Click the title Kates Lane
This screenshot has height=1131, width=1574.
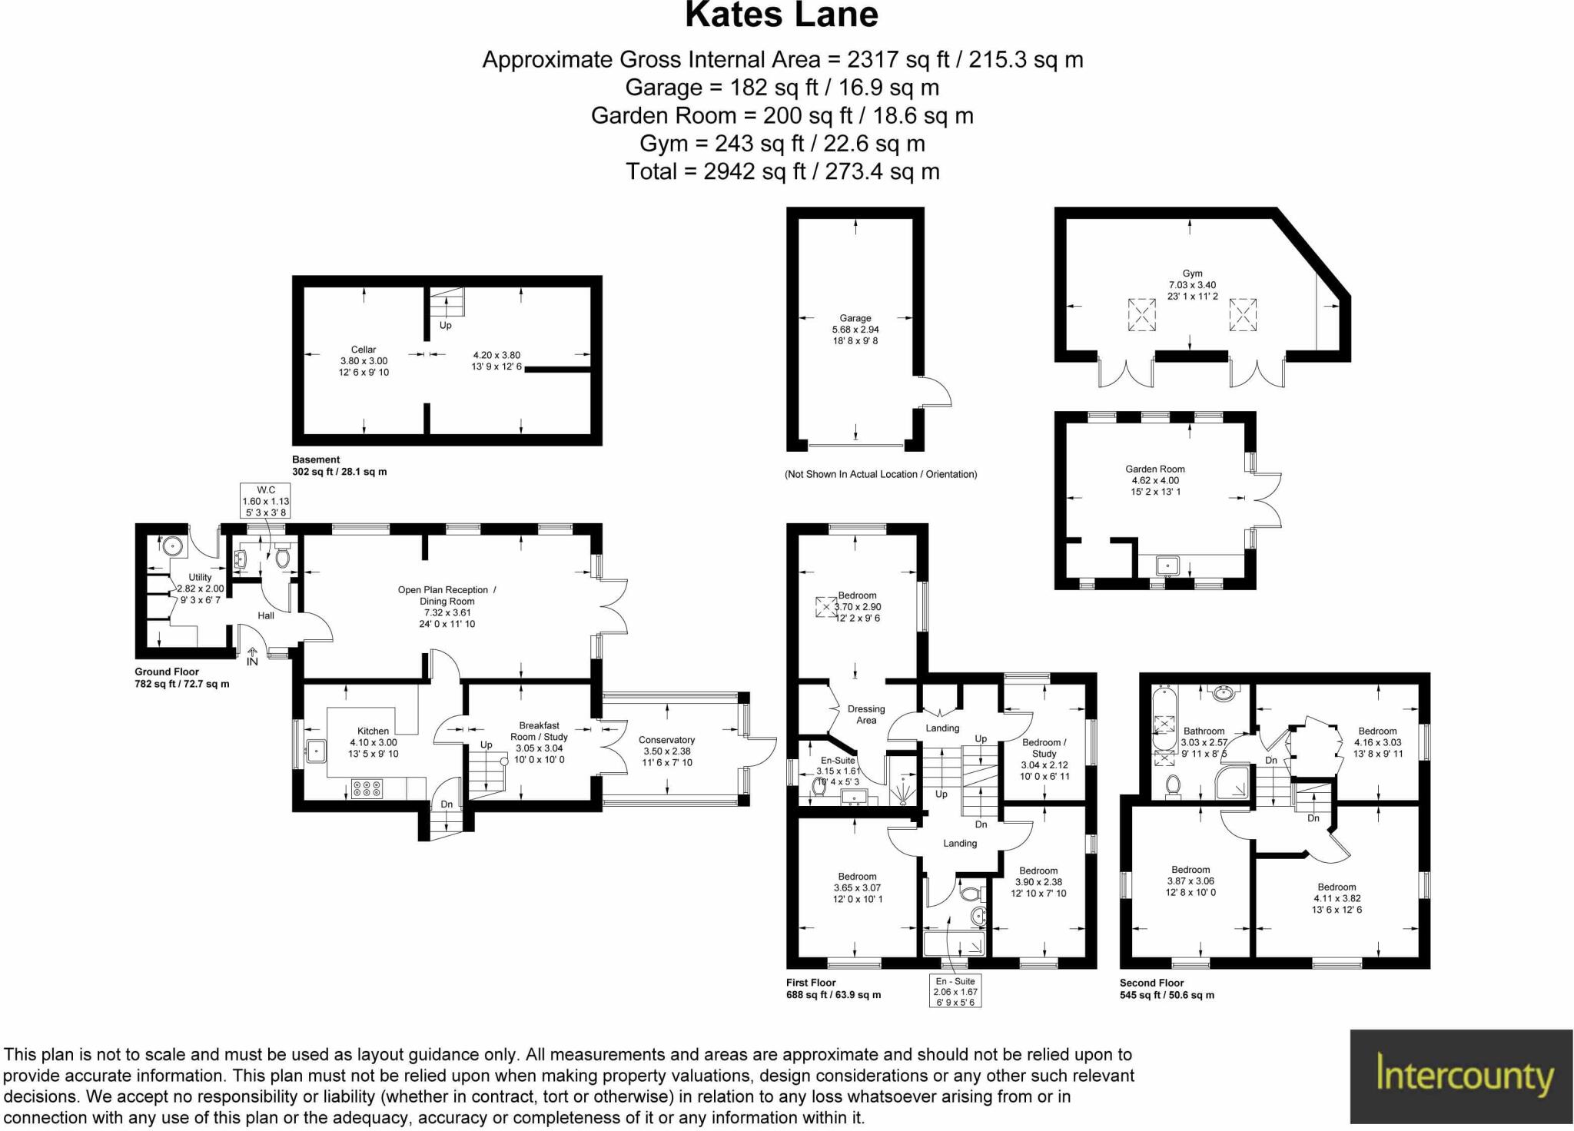click(x=781, y=15)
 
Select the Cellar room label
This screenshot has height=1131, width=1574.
click(x=364, y=350)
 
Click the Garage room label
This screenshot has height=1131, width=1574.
click(x=855, y=318)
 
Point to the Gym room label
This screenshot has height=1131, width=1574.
click(x=1192, y=274)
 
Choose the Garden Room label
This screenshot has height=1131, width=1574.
click(x=1154, y=469)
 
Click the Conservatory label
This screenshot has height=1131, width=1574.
click(x=666, y=740)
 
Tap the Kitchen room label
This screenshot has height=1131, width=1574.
click(x=373, y=731)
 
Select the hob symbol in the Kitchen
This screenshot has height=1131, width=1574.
click(x=367, y=788)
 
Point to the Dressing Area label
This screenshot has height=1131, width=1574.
click(x=866, y=715)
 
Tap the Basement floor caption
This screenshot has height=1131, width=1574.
click(x=316, y=459)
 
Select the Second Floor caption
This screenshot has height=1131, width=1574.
click(x=1151, y=983)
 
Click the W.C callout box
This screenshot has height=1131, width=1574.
click(x=266, y=501)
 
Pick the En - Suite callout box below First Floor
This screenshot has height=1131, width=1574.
click(x=955, y=991)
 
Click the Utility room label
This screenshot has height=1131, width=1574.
click(x=200, y=578)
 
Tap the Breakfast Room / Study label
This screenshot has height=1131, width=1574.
click(x=539, y=731)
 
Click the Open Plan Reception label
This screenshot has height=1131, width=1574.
click(x=447, y=590)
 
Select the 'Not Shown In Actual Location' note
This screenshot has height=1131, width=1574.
click(x=881, y=474)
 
